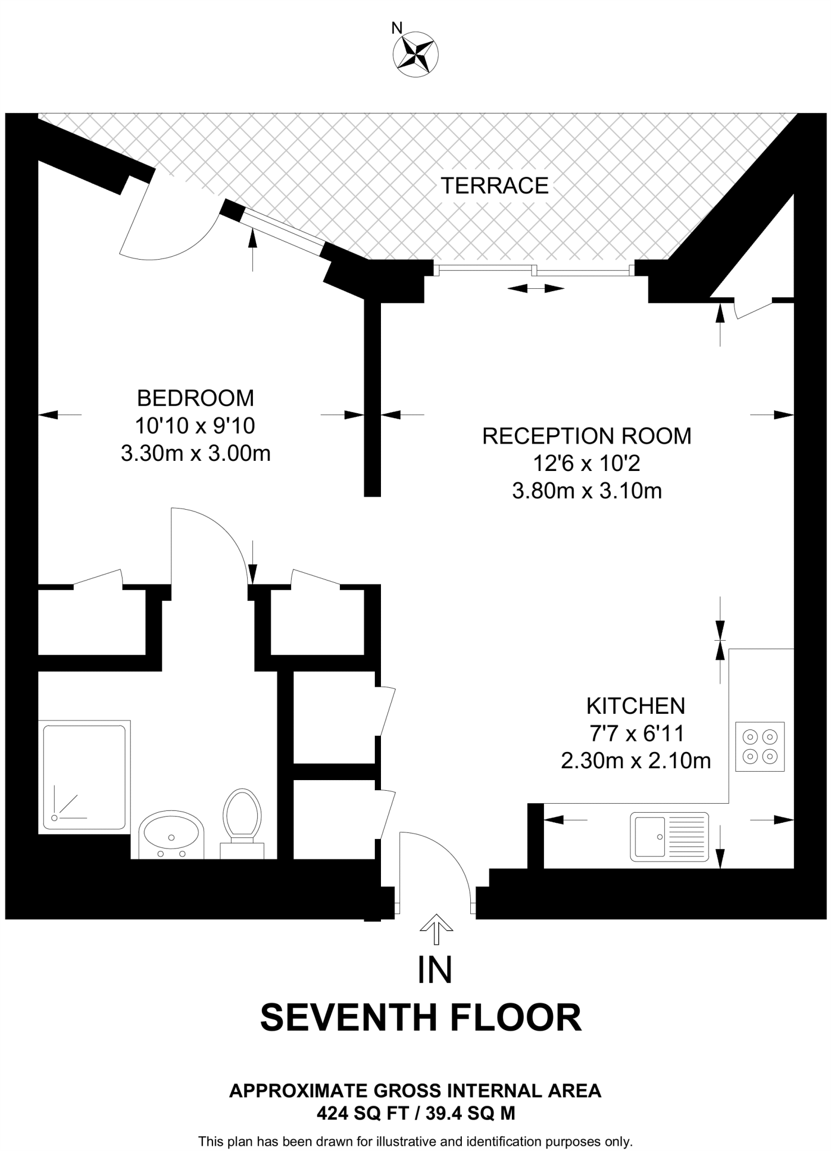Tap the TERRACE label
pos(494,185)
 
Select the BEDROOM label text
pos(196,398)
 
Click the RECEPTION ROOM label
pos(587,436)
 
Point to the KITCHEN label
pos(635,705)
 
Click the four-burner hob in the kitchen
pos(760,746)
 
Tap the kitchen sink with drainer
pos(670,836)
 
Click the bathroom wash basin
pos(171,835)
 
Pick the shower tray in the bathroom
pos(84,777)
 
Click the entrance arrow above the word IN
pos(436,929)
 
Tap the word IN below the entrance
pos(435,969)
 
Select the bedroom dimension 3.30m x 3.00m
pos(196,453)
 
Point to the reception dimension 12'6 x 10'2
pos(587,464)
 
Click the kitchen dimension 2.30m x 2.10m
pos(635,761)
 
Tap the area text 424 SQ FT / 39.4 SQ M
pos(416,1113)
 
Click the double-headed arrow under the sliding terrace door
pos(535,288)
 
